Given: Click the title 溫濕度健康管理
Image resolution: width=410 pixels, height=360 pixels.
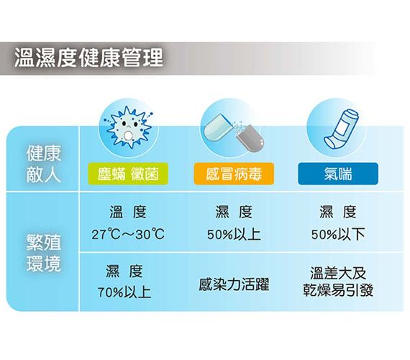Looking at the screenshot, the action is (88, 58).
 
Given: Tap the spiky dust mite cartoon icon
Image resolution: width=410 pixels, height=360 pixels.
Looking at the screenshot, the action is (128, 127).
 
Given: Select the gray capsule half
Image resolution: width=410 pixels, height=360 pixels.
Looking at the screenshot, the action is (250, 138).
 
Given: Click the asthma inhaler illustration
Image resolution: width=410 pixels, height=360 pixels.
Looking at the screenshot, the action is (341, 129).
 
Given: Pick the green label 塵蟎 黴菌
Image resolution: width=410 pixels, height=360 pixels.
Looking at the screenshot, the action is (128, 174).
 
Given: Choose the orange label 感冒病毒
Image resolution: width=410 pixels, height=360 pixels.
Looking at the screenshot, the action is (234, 174).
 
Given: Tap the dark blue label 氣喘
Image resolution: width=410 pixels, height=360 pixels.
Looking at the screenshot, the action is (338, 174).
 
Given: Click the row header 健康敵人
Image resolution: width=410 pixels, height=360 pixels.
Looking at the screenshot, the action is (44, 163).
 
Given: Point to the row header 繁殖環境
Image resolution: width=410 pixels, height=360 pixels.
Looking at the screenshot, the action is (44, 253).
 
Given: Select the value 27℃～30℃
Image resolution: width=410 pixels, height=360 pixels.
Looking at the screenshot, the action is (128, 234).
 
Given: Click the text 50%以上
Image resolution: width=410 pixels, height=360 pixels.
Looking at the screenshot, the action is (234, 234).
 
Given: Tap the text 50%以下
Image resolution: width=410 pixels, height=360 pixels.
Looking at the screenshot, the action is (338, 234).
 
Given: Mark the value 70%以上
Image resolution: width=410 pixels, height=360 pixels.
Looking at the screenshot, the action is (124, 292).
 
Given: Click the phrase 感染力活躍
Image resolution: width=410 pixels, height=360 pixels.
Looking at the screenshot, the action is (234, 284).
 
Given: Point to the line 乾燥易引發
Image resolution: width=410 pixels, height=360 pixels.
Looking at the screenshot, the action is (338, 290).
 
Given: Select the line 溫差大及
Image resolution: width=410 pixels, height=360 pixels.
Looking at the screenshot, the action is (338, 273).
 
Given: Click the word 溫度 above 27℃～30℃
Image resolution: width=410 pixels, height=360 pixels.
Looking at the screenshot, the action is (128, 212).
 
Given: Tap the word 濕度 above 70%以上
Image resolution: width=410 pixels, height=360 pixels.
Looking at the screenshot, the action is (124, 271).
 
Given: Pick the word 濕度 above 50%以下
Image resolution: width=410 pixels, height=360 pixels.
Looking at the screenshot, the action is (338, 212).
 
